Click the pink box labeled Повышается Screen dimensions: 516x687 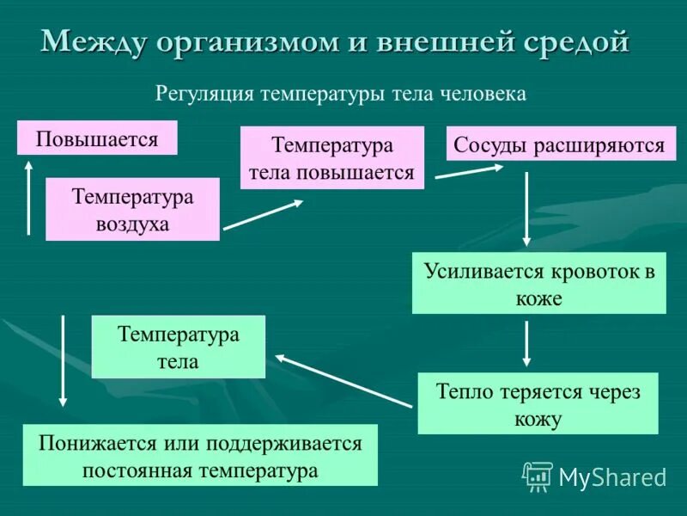(97, 138)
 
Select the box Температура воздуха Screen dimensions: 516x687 (132, 210)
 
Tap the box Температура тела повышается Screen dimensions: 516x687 (331, 158)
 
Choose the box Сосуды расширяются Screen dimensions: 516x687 (560, 144)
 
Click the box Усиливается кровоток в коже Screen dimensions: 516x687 (538, 283)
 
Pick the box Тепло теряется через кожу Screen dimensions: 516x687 (538, 403)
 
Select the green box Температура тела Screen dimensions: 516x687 (179, 347)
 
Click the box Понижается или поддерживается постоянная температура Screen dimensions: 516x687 (199, 456)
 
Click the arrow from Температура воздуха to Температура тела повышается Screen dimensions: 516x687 (263, 215)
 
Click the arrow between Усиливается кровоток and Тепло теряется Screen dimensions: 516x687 (526, 343)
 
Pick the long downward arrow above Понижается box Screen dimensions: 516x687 (63, 359)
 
